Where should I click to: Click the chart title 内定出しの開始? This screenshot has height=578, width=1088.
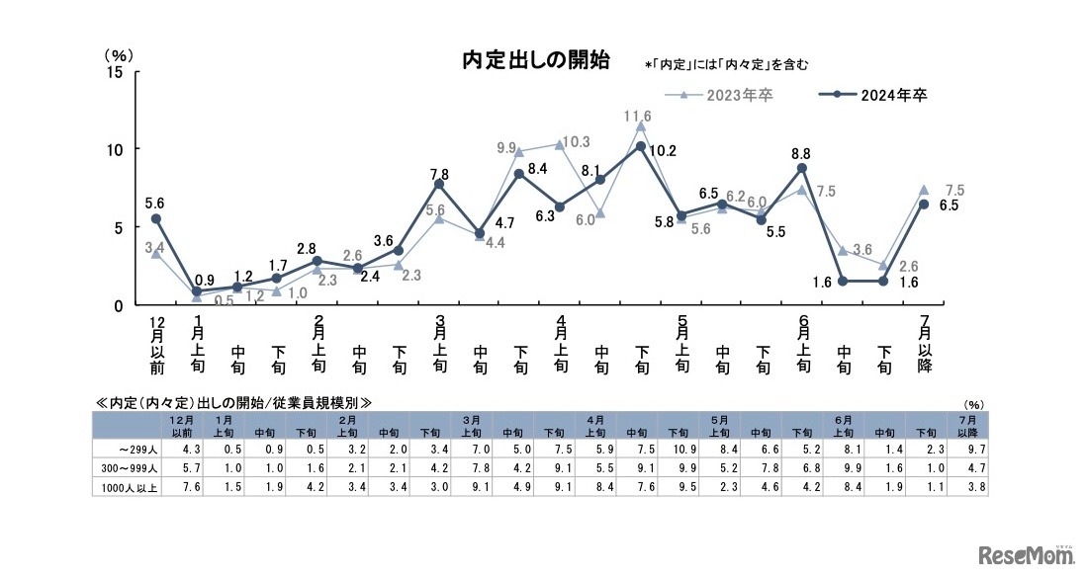tap(536, 61)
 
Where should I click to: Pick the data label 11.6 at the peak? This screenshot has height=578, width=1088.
tap(638, 117)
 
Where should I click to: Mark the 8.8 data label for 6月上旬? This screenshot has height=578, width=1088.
tap(802, 154)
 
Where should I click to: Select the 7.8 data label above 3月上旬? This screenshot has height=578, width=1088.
tap(439, 174)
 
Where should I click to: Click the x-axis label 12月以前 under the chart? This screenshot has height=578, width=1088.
tap(155, 346)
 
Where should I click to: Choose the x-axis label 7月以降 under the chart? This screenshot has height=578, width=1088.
tap(924, 346)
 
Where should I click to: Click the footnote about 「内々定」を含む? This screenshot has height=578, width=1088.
tap(727, 65)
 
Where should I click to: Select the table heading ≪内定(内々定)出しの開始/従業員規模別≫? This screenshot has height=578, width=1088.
tap(233, 402)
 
